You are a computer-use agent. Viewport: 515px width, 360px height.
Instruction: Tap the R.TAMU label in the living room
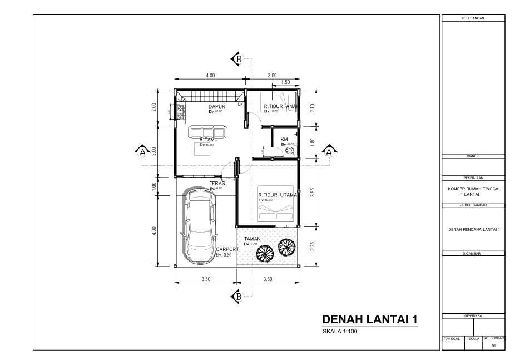tap(208, 140)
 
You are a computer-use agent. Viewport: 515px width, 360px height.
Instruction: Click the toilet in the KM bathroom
tap(289, 150)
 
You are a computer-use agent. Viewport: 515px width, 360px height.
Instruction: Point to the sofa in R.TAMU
tap(208, 132)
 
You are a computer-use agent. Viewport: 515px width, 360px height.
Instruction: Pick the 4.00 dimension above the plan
tap(210, 75)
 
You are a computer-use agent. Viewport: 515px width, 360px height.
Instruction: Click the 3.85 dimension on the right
tap(313, 192)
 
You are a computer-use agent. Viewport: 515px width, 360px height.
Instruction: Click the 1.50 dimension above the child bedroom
tap(286, 82)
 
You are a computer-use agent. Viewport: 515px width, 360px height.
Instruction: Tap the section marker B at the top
tap(237, 59)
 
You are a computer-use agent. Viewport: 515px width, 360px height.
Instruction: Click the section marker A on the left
tap(143, 150)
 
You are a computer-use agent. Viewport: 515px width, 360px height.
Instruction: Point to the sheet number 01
tap(493, 346)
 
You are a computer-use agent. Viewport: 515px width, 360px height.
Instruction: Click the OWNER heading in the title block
tap(473, 156)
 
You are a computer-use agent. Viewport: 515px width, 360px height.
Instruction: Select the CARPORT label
tap(227, 249)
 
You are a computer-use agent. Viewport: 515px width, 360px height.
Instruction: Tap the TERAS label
tap(217, 183)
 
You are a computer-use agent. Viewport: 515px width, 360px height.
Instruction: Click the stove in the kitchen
tap(180, 113)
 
